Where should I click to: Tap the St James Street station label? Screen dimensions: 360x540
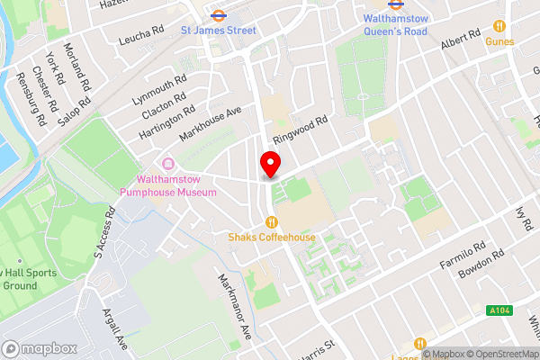click(x=218, y=30)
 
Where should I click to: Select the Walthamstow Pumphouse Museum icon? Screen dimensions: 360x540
click(x=166, y=163)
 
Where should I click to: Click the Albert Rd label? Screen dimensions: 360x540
click(x=461, y=40)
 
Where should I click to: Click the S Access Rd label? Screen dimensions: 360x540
click(x=104, y=236)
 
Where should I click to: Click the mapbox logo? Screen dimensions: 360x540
click(x=39, y=348)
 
